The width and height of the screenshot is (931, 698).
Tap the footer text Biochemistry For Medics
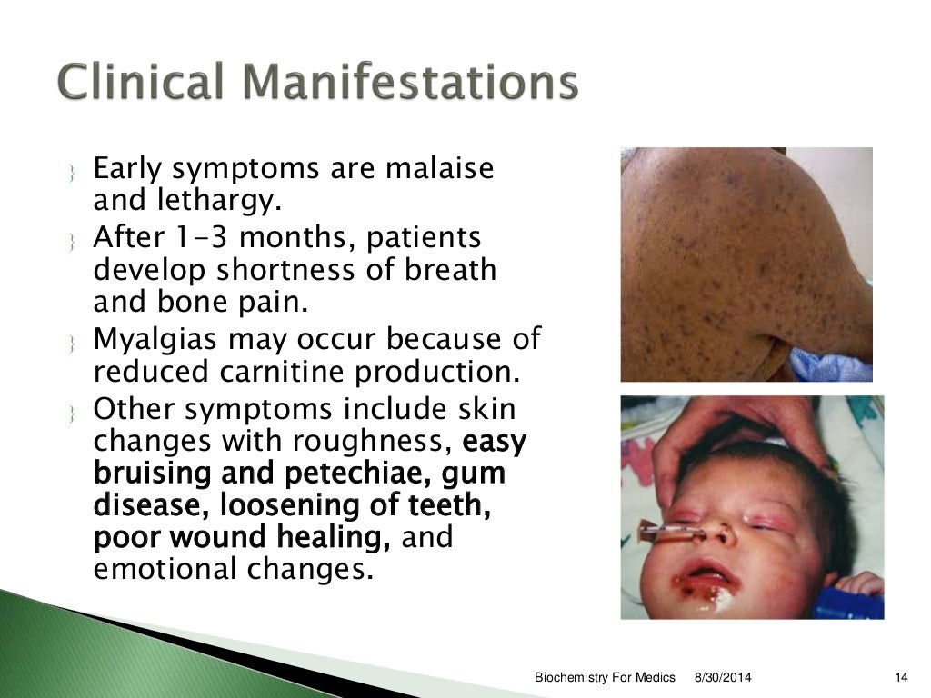tap(605, 678)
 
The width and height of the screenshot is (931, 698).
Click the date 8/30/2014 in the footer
tap(724, 678)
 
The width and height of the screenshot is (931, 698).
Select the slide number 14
tap(902, 678)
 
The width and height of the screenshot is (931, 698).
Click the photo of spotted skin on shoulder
tap(746, 264)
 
